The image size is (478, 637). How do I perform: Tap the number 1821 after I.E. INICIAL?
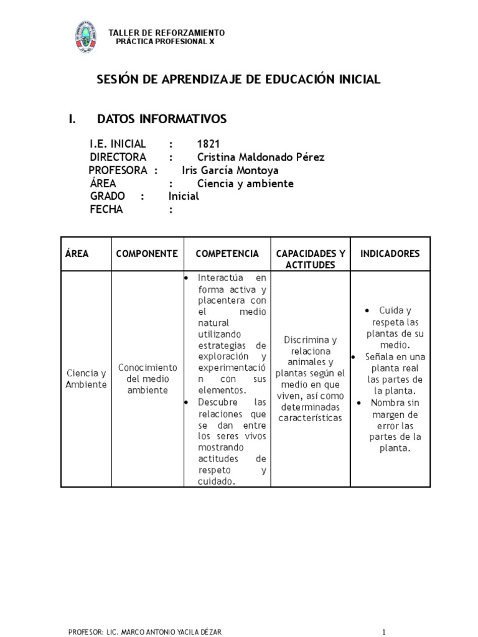tap(209, 144)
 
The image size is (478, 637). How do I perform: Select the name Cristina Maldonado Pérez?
tap(260, 157)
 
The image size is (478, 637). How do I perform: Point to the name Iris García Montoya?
tap(230, 170)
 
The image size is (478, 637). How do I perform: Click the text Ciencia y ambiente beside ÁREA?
tap(245, 184)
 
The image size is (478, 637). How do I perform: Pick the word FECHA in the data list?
tap(106, 210)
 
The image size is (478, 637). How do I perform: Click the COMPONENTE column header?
tap(147, 254)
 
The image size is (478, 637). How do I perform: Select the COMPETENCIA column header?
tap(227, 254)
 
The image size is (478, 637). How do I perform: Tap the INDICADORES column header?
tap(390, 254)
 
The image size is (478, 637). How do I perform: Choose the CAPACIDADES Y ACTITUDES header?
tap(310, 259)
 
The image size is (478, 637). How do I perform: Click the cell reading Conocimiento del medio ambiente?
tap(147, 379)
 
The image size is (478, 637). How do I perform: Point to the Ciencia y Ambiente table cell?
tap(86, 379)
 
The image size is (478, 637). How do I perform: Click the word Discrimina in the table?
tap(310, 340)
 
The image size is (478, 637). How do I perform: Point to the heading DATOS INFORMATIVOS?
tap(162, 119)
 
